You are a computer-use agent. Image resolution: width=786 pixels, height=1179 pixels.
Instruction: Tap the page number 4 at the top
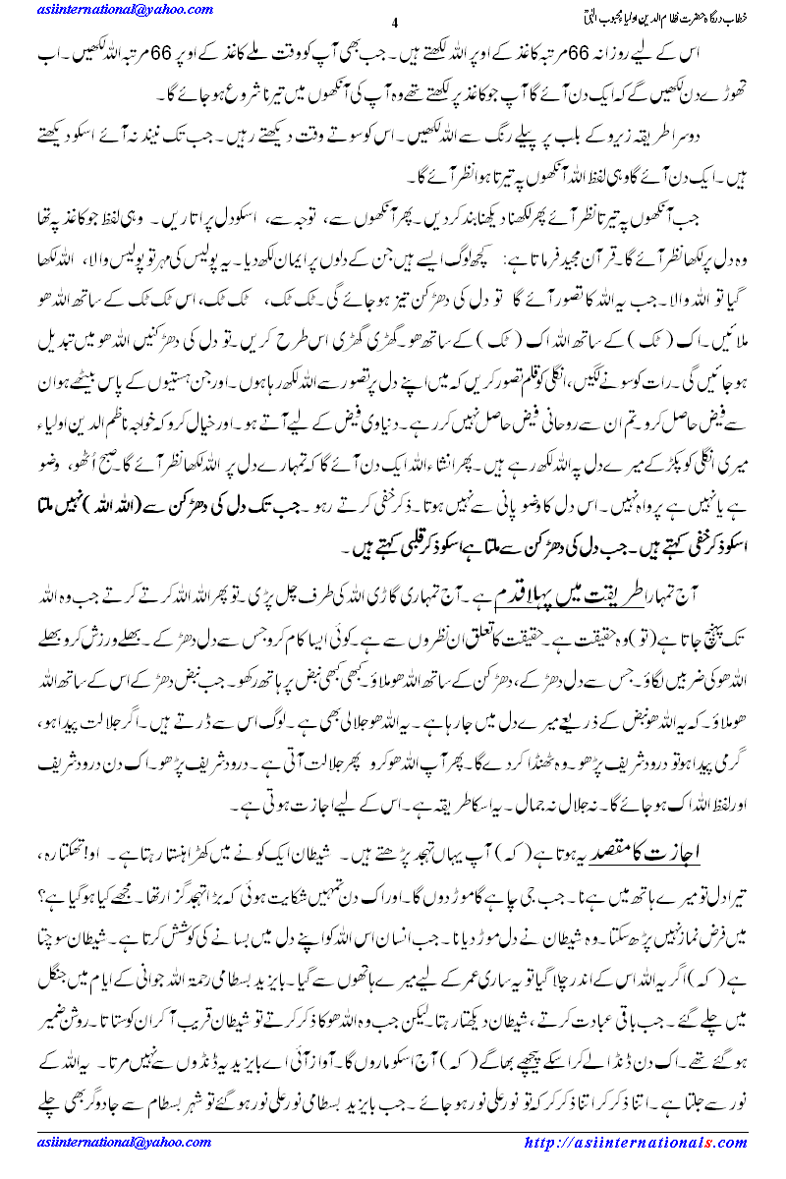pos(394,24)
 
